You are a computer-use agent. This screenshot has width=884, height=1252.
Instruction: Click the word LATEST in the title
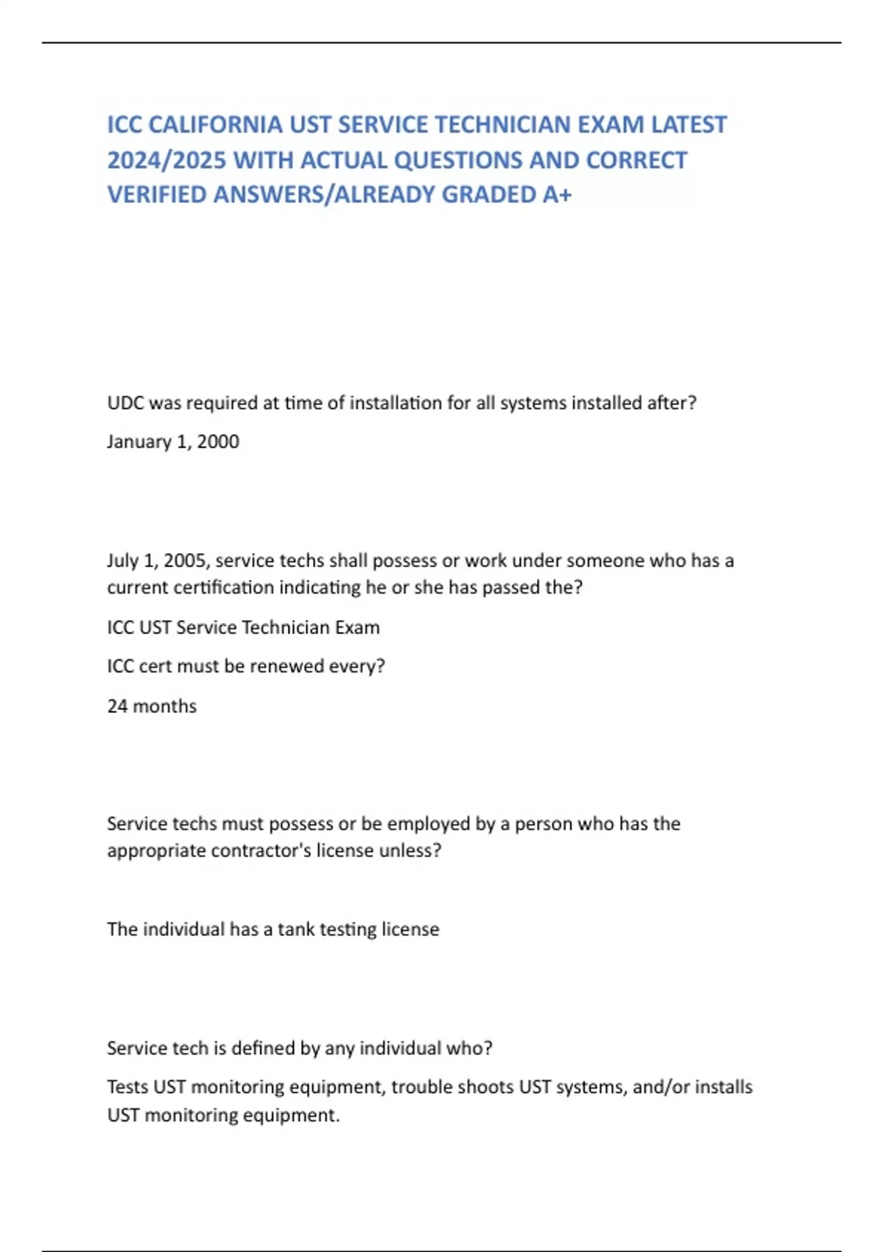coord(689,124)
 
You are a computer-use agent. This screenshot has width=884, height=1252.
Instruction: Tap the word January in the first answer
coord(138,442)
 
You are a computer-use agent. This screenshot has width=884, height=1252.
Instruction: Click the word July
coord(122,560)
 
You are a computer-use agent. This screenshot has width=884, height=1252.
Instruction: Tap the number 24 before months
coord(117,706)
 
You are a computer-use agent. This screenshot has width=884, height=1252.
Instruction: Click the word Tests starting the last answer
coord(127,1087)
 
